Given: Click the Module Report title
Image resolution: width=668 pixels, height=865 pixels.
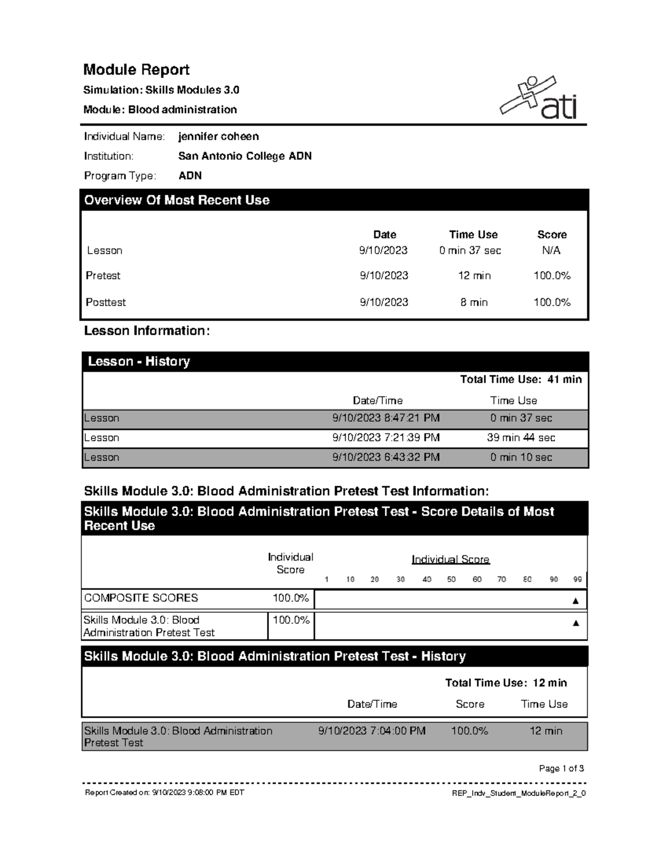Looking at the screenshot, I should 136,70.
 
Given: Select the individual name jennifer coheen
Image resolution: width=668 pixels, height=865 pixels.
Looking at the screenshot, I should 218,136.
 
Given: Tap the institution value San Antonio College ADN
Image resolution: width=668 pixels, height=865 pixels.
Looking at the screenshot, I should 244,156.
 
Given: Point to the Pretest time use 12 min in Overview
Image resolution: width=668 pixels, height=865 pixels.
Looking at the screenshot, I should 474,276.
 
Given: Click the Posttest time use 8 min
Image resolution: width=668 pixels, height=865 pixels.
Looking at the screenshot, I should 474,302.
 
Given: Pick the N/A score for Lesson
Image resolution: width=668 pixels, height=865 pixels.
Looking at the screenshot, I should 551,251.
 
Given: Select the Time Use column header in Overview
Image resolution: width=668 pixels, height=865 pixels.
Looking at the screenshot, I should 473,234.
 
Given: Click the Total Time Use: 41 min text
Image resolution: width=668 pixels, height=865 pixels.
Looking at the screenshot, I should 520,379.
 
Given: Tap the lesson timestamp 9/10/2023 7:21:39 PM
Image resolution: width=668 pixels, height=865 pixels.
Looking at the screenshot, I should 386,438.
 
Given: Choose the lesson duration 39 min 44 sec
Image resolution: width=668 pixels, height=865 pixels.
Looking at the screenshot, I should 521,438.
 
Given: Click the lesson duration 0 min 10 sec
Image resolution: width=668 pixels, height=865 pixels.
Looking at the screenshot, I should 521,457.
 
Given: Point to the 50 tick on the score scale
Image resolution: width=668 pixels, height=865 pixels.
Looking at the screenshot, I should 451,579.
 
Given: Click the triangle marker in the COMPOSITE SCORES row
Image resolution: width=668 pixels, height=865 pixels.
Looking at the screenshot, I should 576,601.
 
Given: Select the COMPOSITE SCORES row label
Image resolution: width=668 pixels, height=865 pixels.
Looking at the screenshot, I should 141,598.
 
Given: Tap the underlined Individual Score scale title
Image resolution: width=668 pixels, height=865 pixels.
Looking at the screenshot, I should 450,559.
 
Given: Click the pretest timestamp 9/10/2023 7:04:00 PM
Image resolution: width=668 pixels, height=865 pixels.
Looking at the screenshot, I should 372,731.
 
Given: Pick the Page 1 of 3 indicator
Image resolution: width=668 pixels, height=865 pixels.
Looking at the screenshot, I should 561,769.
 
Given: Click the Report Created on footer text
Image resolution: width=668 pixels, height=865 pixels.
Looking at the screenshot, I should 164,793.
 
